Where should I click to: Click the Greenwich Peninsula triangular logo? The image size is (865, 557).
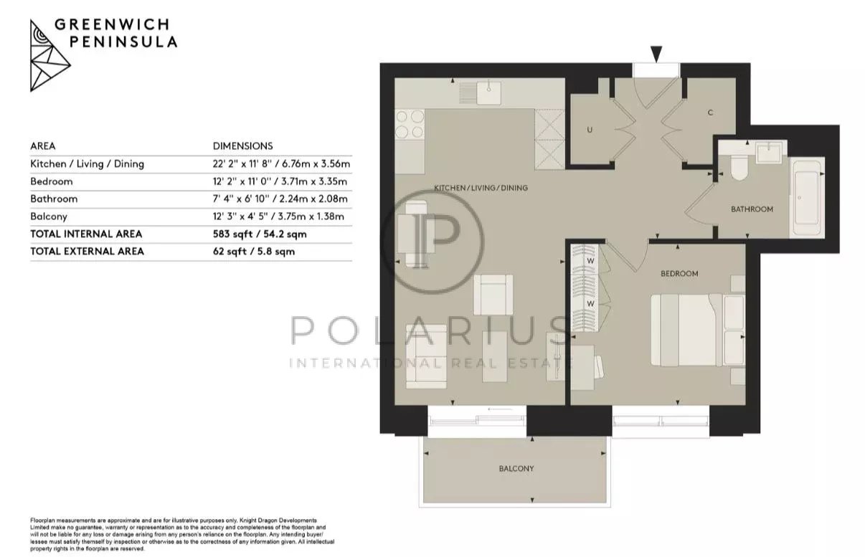(49, 56)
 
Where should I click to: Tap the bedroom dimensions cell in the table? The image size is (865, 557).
(280, 181)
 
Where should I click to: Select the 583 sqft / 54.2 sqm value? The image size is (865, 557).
(260, 234)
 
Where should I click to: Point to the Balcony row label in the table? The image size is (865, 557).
(49, 216)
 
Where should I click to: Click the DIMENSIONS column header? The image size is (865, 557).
(243, 146)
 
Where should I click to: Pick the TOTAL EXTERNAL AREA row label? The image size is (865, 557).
(87, 252)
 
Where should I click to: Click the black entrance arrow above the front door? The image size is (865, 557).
(656, 54)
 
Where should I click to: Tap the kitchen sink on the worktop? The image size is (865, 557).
(488, 92)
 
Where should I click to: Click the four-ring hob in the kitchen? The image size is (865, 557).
(410, 124)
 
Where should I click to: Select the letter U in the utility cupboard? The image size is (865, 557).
(590, 130)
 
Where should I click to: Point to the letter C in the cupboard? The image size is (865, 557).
(710, 113)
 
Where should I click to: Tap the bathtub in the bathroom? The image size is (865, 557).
(807, 198)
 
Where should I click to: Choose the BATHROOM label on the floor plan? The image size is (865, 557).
(752, 209)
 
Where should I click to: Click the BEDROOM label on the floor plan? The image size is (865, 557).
(679, 274)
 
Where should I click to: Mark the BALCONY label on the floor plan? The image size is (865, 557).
(516, 469)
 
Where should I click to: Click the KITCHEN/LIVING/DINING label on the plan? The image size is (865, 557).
(481, 188)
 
